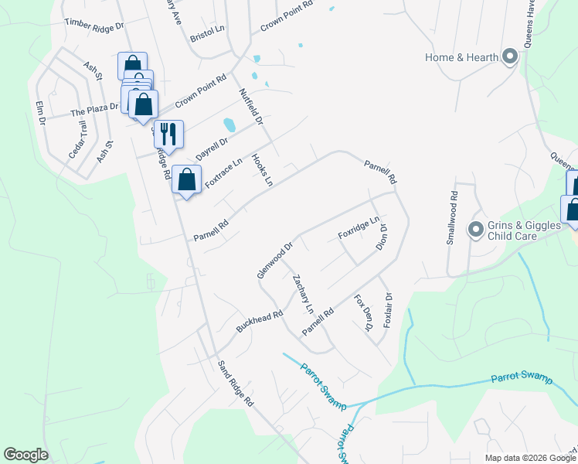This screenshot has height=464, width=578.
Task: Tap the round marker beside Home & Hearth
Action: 509,56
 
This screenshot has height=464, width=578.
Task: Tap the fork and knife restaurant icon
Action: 168,134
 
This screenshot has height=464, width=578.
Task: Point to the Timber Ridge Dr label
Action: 94,24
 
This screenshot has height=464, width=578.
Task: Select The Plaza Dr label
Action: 93,109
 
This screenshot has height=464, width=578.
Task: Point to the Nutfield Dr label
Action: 251,106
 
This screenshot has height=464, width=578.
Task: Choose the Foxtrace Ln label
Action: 224,172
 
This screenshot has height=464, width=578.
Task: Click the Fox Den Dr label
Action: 363,313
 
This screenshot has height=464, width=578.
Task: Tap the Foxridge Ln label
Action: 359,227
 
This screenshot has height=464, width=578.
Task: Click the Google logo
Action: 25,455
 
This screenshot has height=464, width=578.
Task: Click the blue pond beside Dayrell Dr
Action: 229,125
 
